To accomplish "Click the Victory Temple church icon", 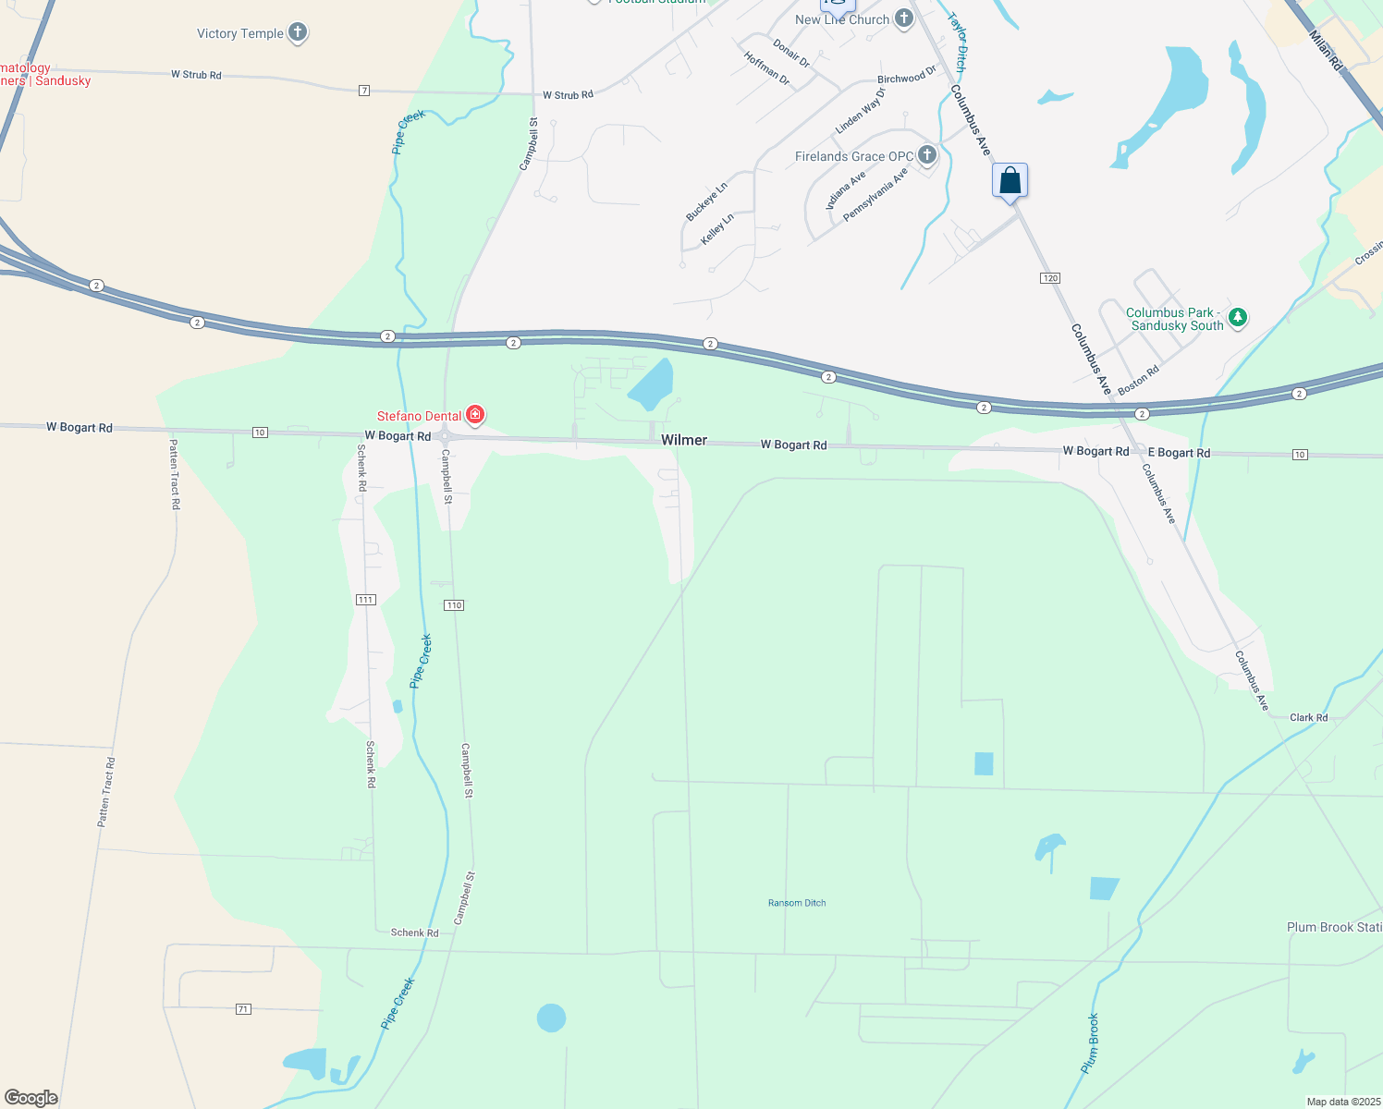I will (297, 33).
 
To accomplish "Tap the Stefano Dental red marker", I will (475, 415).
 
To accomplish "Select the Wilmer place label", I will (684, 440).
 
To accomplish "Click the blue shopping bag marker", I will (1010, 180).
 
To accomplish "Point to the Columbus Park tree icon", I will (1238, 318).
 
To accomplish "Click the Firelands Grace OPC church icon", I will (927, 155).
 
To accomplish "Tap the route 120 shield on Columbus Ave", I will (1049, 278).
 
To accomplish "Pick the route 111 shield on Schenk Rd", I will (365, 600).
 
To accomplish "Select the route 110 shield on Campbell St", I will (453, 605).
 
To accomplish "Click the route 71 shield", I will (243, 1008).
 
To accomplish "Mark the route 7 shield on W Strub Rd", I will (364, 90).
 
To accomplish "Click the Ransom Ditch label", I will (797, 903).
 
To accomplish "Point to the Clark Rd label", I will (1308, 717).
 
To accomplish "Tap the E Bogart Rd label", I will (1179, 453).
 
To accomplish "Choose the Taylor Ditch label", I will (960, 43).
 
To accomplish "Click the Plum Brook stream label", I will (1091, 1043).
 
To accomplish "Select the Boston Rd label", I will (1138, 381).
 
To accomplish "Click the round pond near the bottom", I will (551, 1018).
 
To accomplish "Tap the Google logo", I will (31, 1098).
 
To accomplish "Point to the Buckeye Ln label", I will (706, 201).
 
